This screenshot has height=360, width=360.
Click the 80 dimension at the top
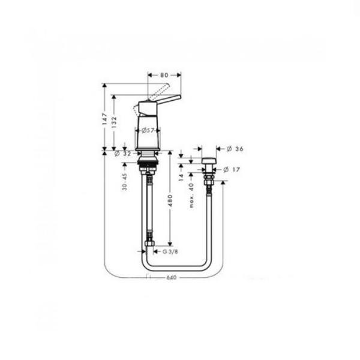164,75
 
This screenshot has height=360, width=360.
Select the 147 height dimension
104,119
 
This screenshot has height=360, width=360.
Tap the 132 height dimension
114,122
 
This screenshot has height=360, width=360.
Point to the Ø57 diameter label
148,131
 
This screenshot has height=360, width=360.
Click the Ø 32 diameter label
122,154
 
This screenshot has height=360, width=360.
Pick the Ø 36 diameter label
235,149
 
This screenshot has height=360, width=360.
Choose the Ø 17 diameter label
232,170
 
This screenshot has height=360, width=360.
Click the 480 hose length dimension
170,200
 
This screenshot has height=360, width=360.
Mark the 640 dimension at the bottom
171,278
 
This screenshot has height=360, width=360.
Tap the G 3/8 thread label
170,251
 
